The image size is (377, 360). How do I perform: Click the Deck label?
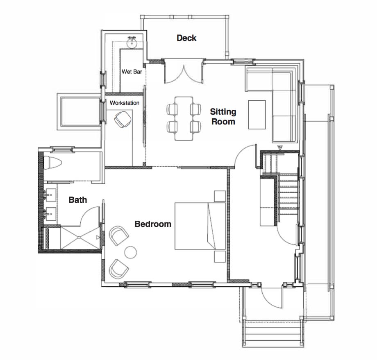[x=186, y=38]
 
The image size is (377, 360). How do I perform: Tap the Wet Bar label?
[x=132, y=72]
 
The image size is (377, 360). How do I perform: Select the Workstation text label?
[x=124, y=103]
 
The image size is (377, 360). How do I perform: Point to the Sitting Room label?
[x=223, y=116]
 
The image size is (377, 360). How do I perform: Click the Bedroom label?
[x=153, y=224]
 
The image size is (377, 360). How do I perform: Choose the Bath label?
[x=77, y=200]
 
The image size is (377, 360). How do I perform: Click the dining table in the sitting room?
[x=184, y=118]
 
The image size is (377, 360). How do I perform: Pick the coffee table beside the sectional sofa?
[x=257, y=114]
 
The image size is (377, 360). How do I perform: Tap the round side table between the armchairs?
[x=131, y=252]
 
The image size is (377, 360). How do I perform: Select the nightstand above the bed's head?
[x=219, y=196]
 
